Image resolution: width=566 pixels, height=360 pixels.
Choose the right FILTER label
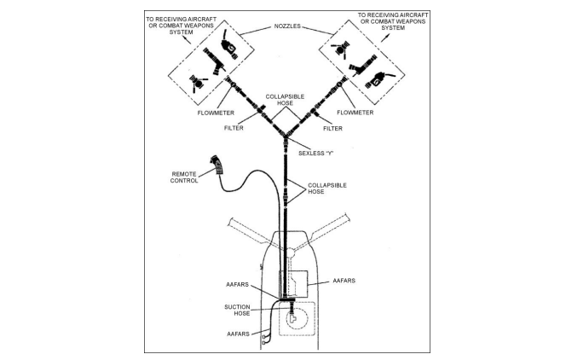click(x=333, y=128)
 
